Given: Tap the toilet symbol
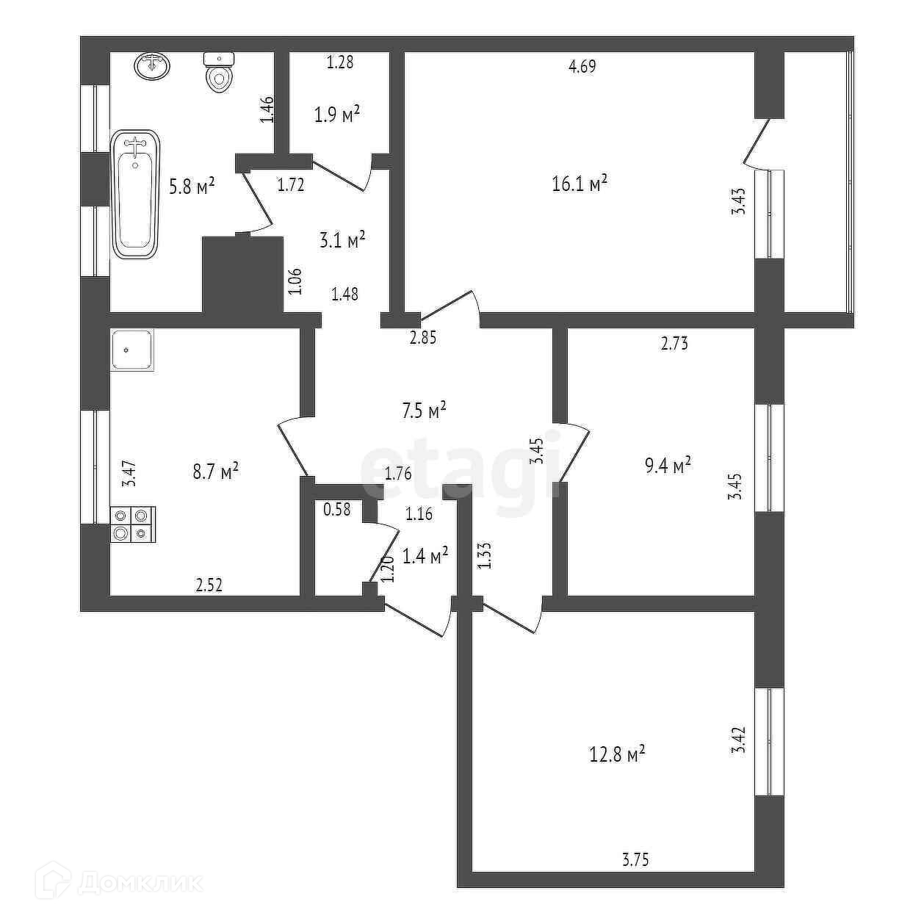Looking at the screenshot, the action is pos(218,73).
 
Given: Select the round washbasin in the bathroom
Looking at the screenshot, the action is pos(152,65).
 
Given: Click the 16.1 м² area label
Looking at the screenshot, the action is pos(580,182).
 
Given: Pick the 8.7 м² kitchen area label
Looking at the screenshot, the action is pos(215,471).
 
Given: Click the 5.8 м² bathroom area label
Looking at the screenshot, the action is pos(192,186).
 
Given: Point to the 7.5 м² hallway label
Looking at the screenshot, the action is pos(425,410).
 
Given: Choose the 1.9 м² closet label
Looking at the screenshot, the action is pos(337,114).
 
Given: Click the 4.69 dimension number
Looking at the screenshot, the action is pos(582,67).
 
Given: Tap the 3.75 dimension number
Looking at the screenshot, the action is pos(635,859).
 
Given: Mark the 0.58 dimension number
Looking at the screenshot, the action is pos(337,508).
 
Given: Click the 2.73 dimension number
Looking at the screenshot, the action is pos(674,343).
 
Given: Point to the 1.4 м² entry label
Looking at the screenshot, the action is pos(426,557).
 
